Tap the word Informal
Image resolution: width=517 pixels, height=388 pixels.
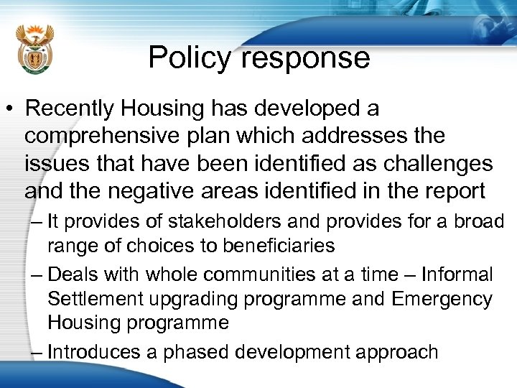click(x=457, y=274)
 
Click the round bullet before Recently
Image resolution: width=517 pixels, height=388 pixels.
click(x=11, y=110)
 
